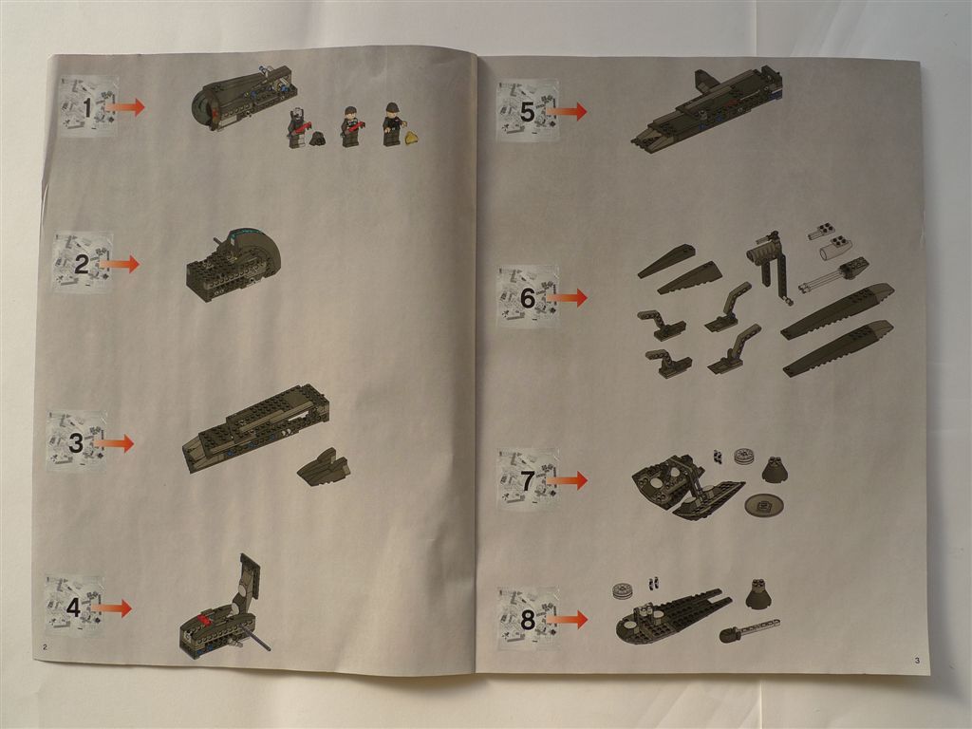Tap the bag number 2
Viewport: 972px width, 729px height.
(82, 266)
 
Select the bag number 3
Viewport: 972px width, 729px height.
(76, 443)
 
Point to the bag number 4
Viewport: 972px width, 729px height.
(73, 607)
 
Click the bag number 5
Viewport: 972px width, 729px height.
(527, 112)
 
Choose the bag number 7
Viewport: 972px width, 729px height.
(528, 481)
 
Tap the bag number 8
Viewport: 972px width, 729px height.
(528, 619)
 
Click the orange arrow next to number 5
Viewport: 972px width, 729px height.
(566, 112)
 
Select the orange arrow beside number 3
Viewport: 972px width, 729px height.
(113, 443)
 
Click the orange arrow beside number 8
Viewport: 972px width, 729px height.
(567, 619)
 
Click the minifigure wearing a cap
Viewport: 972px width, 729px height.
(392, 124)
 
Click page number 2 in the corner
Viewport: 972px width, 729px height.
(45, 647)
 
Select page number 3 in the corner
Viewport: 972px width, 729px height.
(918, 661)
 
